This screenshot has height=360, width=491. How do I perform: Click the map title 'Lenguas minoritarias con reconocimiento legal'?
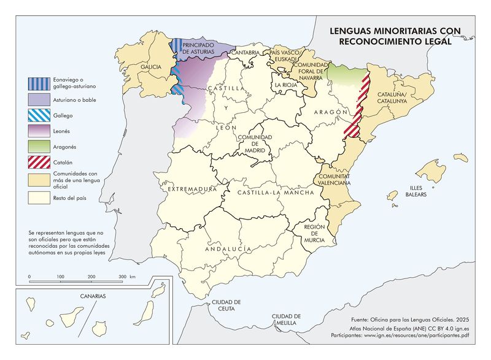pos(395,36)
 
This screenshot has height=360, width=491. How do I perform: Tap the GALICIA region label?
pos(151,66)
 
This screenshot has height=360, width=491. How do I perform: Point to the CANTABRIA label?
pos(244,53)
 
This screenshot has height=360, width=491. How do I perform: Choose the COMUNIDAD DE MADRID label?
pos(252,144)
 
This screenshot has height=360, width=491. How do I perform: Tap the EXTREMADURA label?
pos(193,190)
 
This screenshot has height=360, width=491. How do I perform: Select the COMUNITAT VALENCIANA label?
pos(334,179)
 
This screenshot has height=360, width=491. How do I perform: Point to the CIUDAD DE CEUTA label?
pos(226,306)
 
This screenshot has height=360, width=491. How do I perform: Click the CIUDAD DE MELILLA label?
pos(287,319)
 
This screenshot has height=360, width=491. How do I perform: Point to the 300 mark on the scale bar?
pos(122,277)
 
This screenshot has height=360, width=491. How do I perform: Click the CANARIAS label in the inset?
pos(93,296)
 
